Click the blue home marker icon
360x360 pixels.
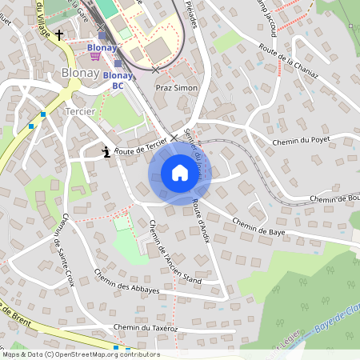[x=179, y=173]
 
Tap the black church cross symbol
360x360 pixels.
[x=58, y=35]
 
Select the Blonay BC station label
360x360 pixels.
[x=118, y=80]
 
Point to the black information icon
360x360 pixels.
[x=106, y=150]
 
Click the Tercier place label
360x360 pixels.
[x=81, y=111]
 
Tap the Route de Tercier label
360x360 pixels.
[x=140, y=146]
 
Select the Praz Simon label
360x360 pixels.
[x=176, y=87]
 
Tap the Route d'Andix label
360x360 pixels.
[x=201, y=224]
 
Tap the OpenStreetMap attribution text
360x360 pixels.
[x=81, y=354]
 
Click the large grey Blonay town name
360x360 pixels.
[x=79, y=74]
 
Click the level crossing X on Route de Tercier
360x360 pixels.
[x=174, y=138]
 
